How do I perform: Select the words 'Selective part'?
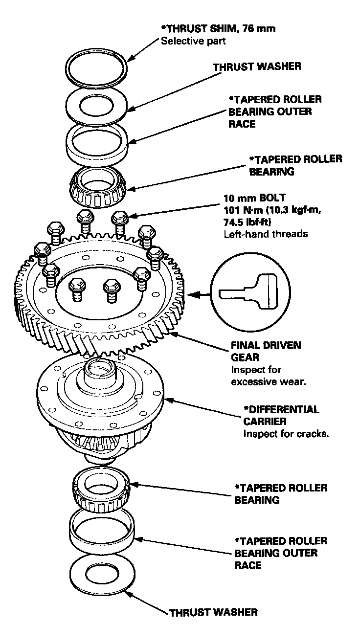tap(193, 41)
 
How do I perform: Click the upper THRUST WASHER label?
tap(257, 67)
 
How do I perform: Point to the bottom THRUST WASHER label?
tap(213, 612)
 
